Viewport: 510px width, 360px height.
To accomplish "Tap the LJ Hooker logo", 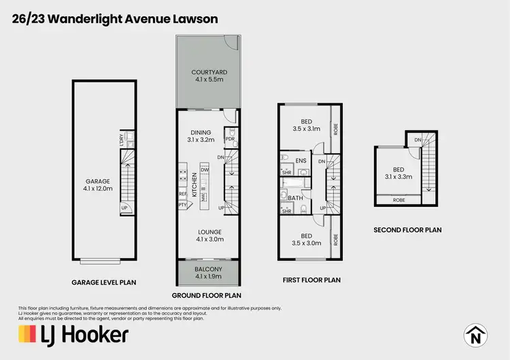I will click(x=73, y=334).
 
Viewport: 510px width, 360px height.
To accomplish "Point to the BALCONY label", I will click(x=208, y=272).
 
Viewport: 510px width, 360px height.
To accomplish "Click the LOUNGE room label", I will click(x=208, y=235).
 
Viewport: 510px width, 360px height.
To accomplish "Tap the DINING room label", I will click(x=201, y=136).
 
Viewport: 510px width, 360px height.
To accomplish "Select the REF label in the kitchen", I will click(x=182, y=193).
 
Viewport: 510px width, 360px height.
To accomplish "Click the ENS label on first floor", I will click(x=301, y=161).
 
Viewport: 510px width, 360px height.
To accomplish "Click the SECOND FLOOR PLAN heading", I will click(x=407, y=230).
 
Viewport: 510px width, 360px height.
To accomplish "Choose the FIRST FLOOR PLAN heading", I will click(x=311, y=280).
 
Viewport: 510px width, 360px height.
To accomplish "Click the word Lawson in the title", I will click(x=194, y=18).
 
